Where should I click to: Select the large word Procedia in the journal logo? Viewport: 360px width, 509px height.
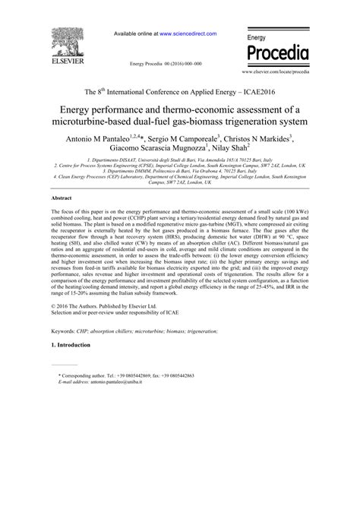pyautogui.click(x=278, y=53)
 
